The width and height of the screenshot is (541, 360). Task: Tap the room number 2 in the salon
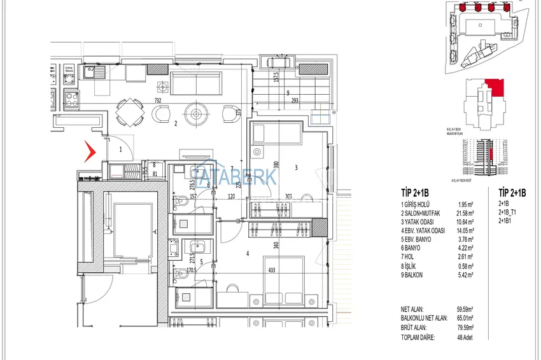click(x=175, y=124)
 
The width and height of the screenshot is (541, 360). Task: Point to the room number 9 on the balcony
click(x=288, y=92)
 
